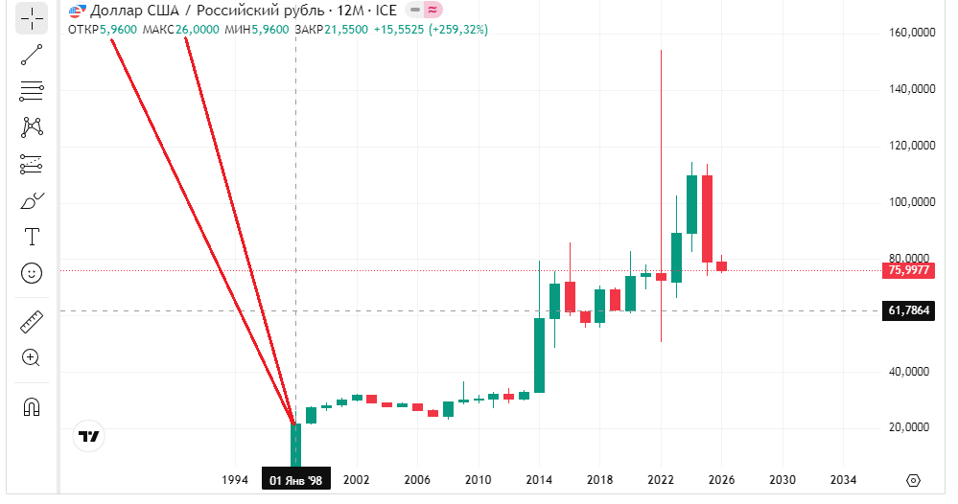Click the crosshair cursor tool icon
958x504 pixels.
point(32,18)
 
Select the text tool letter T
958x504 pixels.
point(32,236)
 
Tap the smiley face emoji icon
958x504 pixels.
point(32,273)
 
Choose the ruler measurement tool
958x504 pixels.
point(32,321)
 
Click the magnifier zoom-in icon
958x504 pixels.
point(32,358)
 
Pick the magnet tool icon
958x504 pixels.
point(32,406)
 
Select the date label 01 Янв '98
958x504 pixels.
point(295,479)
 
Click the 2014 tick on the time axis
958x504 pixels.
point(539,479)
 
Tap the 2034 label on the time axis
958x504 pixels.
point(843,479)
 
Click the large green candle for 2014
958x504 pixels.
point(540,355)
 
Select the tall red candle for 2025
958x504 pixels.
point(707,218)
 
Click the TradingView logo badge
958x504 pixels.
point(89,436)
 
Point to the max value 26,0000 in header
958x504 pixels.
point(197,30)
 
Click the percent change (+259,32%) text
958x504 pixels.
point(457,30)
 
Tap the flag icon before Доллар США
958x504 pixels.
point(76,11)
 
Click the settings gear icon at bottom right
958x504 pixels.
point(913,479)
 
